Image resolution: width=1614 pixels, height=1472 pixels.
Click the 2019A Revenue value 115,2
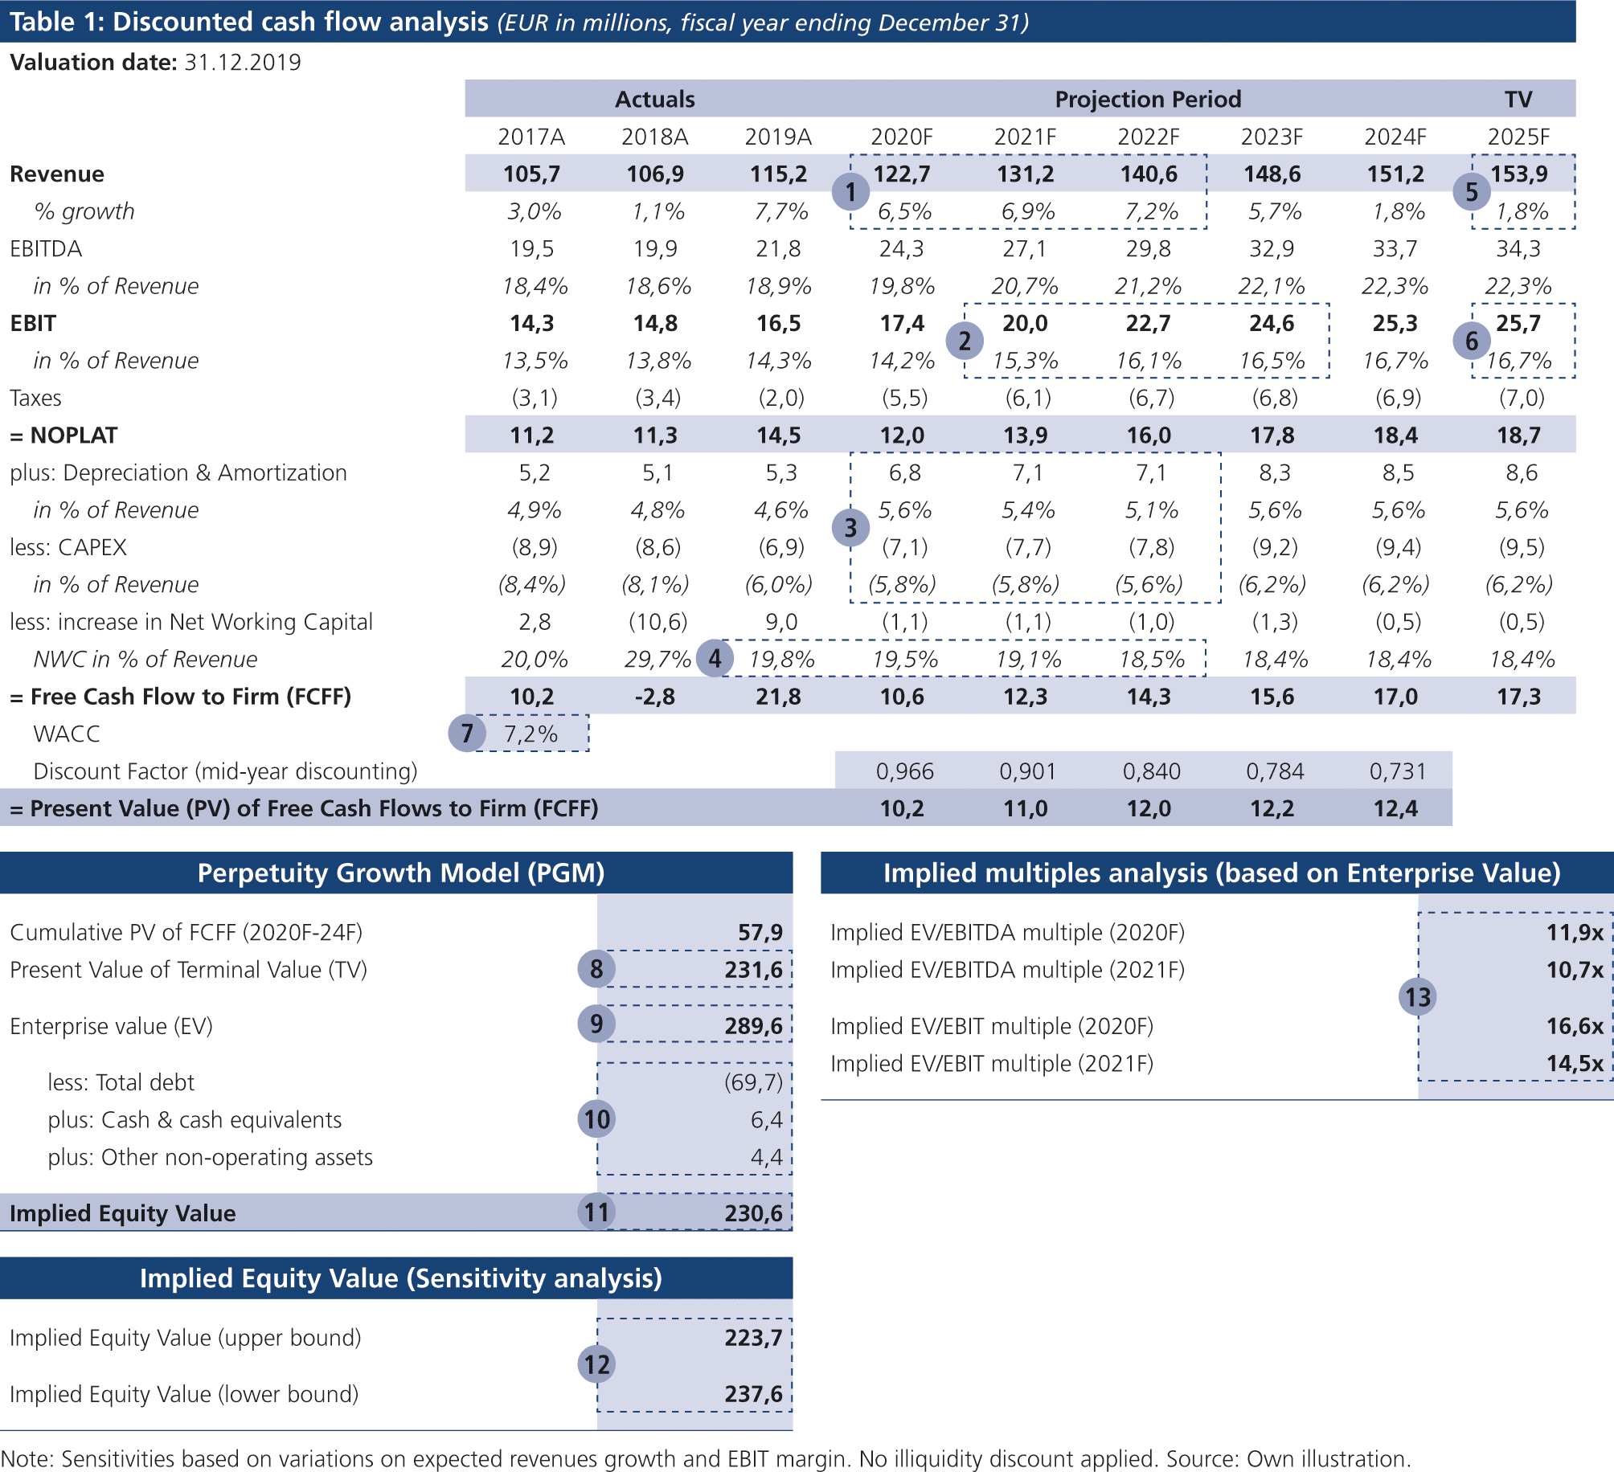pyautogui.click(x=777, y=174)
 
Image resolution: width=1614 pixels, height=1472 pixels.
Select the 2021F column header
pyautogui.click(x=1025, y=137)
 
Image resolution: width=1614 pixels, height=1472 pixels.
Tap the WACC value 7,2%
pyautogui.click(x=530, y=734)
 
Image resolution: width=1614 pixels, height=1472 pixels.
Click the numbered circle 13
pyautogui.click(x=1417, y=997)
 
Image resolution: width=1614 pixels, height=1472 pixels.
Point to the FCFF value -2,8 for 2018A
pyautogui.click(x=654, y=697)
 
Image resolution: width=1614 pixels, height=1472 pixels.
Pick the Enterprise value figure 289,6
pyautogui.click(x=753, y=1026)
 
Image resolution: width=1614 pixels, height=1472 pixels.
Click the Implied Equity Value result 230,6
pyautogui.click(x=753, y=1213)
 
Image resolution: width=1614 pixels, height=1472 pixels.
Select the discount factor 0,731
pyautogui.click(x=1398, y=771)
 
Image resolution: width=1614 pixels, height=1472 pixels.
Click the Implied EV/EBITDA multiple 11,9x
pyautogui.click(x=1575, y=932)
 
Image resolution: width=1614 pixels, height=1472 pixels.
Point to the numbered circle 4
pyautogui.click(x=715, y=659)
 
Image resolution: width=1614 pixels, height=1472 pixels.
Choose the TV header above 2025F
pyautogui.click(x=1518, y=99)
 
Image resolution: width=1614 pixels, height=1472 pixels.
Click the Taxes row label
pyautogui.click(x=35, y=398)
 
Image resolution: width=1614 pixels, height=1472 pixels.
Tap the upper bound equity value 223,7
pyautogui.click(x=753, y=1338)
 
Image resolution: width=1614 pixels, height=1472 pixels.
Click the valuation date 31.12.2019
pyautogui.click(x=242, y=63)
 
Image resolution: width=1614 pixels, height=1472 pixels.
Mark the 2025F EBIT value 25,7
pyautogui.click(x=1518, y=323)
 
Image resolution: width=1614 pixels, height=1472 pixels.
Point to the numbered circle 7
pyautogui.click(x=467, y=734)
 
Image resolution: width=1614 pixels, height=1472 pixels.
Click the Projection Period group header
pyautogui.click(x=1148, y=99)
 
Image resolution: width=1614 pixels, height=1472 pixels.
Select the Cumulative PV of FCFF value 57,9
pyautogui.click(x=760, y=932)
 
